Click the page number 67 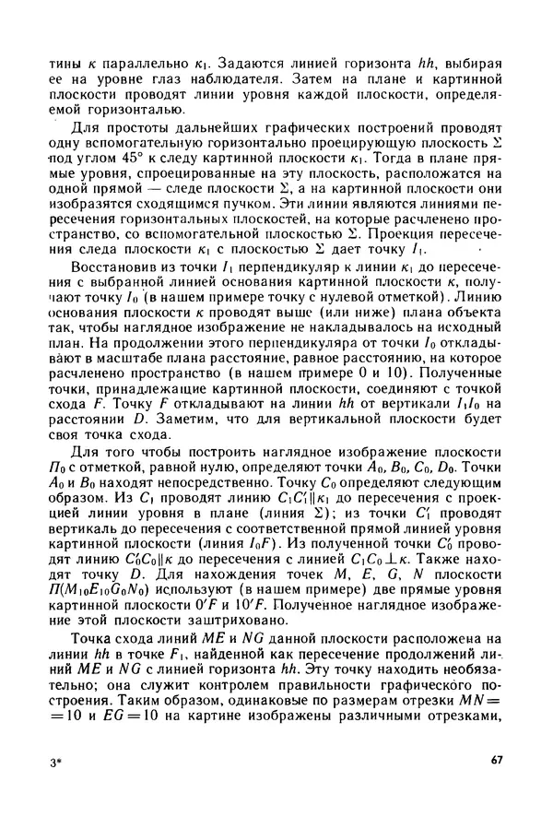pos(495,760)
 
